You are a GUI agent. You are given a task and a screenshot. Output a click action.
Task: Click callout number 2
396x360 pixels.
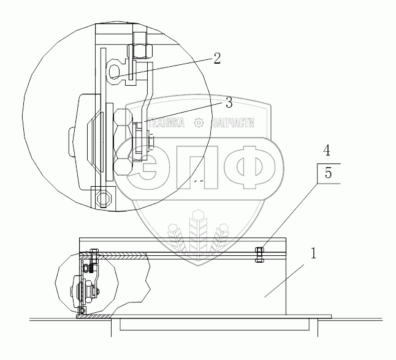(x=217, y=59)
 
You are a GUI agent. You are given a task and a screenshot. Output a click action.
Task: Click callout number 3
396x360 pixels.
(x=229, y=103)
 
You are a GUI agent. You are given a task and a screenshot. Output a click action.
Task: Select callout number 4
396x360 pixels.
(x=327, y=151)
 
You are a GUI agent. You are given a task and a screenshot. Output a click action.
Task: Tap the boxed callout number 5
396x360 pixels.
(x=328, y=173)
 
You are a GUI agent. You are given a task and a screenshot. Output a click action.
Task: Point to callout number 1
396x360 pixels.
(x=313, y=253)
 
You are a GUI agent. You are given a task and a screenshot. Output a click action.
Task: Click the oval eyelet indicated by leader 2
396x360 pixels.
(x=114, y=72)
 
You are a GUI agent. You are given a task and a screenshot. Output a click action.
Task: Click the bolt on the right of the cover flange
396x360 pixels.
(x=259, y=255)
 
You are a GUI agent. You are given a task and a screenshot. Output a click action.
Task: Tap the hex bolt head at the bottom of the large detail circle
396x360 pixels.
(x=104, y=197)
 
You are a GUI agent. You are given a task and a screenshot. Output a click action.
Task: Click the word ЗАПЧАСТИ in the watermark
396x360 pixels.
(x=234, y=123)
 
